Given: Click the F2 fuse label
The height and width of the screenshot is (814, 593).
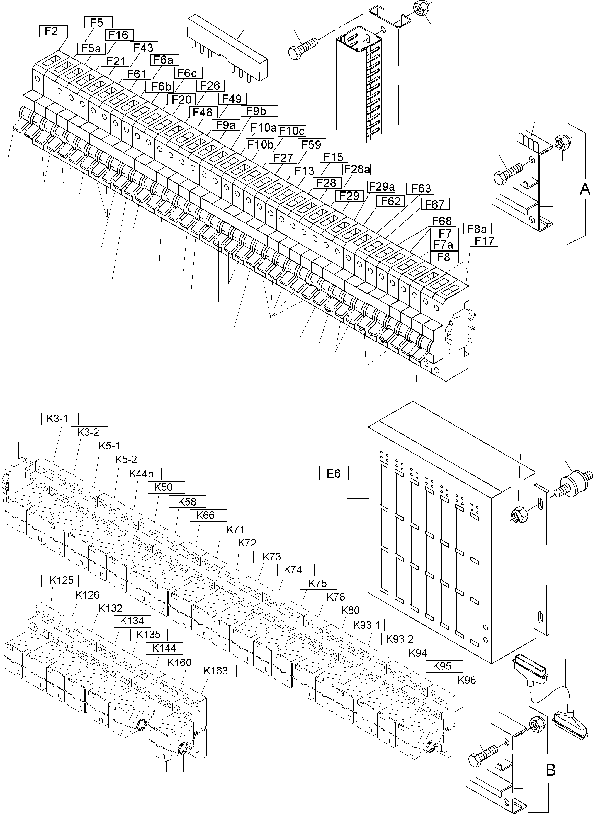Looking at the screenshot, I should tap(53, 31).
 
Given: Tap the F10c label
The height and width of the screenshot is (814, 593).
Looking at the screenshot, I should tap(291, 131).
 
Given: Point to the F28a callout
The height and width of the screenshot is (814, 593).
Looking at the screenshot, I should tap(356, 169).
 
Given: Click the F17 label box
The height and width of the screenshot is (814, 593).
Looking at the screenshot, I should tap(484, 241).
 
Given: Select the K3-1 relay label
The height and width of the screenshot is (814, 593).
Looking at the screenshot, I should tap(60, 419).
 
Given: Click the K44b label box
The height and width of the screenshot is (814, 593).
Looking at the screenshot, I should tap(142, 474).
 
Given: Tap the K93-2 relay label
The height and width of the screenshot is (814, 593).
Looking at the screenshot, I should tap(400, 639).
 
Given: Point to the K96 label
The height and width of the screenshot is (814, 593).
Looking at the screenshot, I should tap(466, 680).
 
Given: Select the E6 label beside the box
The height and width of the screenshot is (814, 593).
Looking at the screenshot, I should tap(334, 474).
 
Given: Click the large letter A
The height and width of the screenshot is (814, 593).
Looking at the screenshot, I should tap(585, 189).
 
